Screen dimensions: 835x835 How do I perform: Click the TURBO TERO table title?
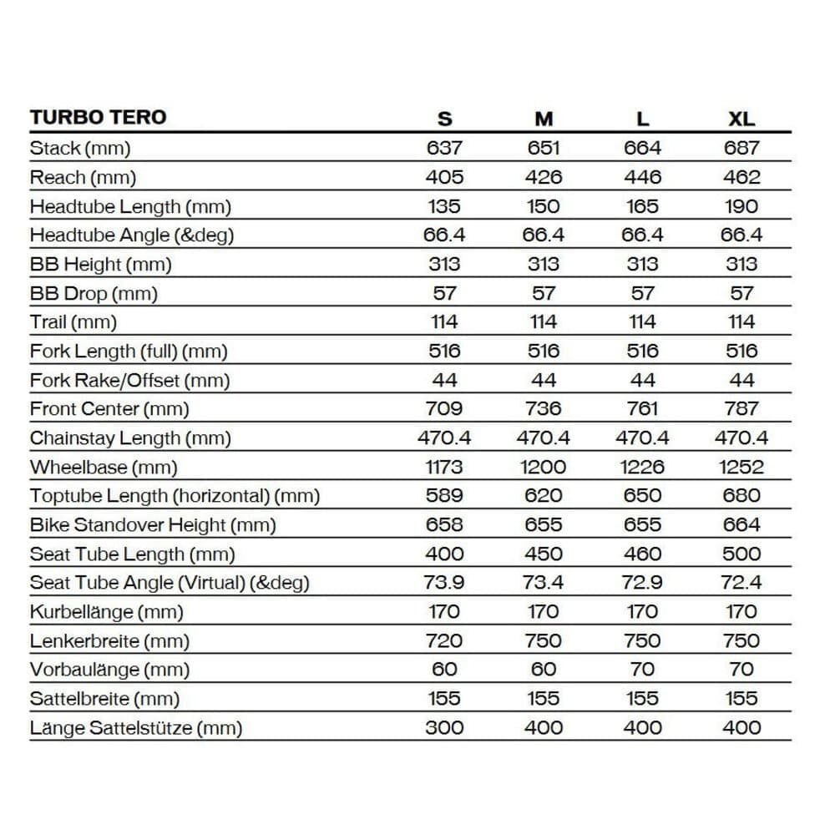99,117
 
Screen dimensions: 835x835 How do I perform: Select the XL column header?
741,119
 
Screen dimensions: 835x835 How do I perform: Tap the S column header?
444,119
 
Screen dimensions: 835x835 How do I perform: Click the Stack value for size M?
544,148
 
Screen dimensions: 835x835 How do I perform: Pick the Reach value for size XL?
741,177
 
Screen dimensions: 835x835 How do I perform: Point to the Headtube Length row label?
130,206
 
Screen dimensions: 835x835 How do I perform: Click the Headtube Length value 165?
642,206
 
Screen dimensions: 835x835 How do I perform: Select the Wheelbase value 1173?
444,467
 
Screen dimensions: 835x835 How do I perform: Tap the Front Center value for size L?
642,408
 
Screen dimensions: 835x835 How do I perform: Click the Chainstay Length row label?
130,438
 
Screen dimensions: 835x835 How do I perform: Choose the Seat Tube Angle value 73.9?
444,582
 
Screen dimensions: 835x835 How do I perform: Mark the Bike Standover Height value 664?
741,524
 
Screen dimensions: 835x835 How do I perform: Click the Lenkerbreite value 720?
444,640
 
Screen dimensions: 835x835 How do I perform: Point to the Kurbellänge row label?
105,611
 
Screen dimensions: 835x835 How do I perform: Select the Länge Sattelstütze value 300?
444,727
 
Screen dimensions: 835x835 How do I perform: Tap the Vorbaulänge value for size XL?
741,669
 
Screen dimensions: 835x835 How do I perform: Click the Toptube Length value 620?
544,495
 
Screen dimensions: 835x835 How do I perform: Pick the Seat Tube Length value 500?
741,554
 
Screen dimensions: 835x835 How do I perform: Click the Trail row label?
73,321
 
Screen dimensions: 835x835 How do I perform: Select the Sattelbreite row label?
104,698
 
